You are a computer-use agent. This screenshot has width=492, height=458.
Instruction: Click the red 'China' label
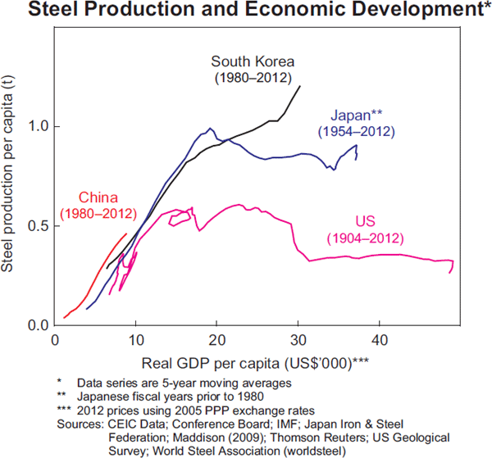tap(98, 197)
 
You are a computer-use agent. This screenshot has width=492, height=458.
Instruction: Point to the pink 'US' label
tap(365, 222)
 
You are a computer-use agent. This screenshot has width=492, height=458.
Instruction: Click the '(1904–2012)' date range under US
tap(365, 238)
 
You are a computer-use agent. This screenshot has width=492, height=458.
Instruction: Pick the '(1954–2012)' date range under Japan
tap(358, 131)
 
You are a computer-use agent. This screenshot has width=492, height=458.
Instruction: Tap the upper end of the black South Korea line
tap(300, 86)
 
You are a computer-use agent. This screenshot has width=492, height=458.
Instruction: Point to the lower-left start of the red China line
tap(64, 318)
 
